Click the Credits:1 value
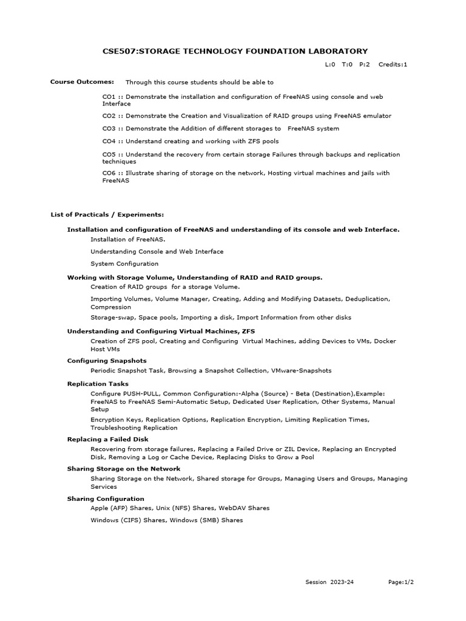coord(393,64)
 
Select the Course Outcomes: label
coord(82,82)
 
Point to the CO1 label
coord(109,96)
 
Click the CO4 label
coord(109,141)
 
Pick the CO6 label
coord(109,173)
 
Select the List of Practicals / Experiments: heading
coord(107,214)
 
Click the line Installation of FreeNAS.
coord(120,240)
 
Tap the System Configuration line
coord(124,264)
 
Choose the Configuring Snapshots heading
coord(107,361)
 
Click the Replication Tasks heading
coord(98,384)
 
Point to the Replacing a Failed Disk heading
coord(107,439)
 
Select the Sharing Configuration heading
coord(106,498)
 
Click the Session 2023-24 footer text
coord(329,582)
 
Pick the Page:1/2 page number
coord(401,582)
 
